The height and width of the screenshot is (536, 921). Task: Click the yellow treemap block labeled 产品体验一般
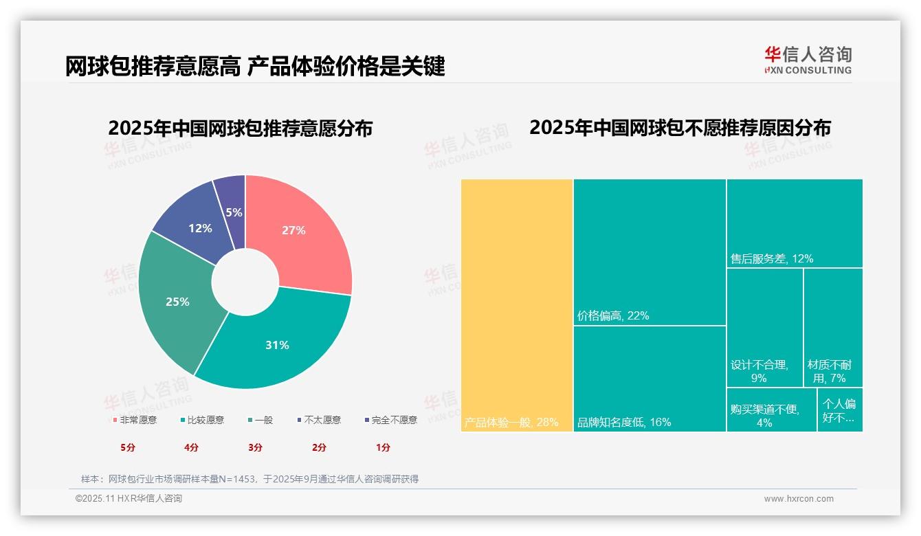tap(517, 305)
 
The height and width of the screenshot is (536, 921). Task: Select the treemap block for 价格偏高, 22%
tap(650, 252)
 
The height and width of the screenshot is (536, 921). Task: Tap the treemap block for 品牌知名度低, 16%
tap(650, 379)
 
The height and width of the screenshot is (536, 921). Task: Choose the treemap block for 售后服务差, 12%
tap(795, 223)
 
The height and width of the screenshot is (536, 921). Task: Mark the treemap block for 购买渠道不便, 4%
tap(771, 410)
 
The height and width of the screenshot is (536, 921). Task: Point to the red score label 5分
tap(129, 447)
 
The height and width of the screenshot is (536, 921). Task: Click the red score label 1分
tap(383, 447)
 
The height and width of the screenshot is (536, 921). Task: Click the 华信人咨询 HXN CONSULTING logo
tap(808, 60)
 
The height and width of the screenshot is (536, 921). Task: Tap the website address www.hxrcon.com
tap(799, 499)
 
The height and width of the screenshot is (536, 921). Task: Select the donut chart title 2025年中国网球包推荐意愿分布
tap(240, 129)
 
